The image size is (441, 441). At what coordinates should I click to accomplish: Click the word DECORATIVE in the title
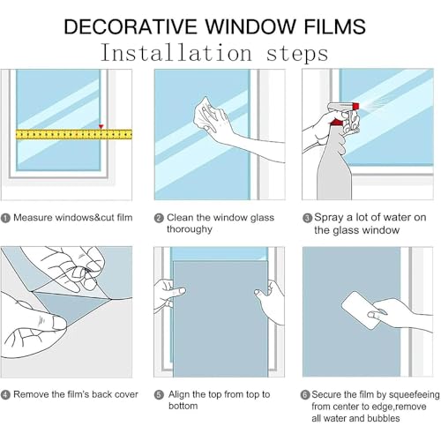point(131,26)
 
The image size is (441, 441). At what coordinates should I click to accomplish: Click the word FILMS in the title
point(334,26)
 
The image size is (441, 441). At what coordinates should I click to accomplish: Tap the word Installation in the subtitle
point(176,53)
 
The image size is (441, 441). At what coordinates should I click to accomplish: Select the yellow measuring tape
point(74,134)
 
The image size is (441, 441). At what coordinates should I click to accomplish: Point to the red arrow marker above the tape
point(101,126)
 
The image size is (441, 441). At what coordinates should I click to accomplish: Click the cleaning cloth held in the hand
point(206,113)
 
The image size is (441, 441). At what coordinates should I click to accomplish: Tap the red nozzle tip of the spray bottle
point(356,106)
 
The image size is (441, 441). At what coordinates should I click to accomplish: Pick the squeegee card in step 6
point(360,310)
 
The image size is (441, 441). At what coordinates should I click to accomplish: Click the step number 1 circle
point(5,218)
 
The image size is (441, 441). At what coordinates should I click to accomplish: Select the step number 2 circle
point(159,218)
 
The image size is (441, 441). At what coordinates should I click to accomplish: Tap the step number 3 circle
point(307,218)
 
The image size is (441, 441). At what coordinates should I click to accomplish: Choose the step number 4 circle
point(5,395)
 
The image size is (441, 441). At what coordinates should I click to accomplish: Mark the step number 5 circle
point(159,395)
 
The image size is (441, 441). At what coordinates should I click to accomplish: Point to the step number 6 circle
point(305,394)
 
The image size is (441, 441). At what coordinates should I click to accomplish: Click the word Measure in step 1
point(33,218)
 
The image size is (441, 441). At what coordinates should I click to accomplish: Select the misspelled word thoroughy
point(190,229)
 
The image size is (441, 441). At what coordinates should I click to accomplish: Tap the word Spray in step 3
point(329,218)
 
